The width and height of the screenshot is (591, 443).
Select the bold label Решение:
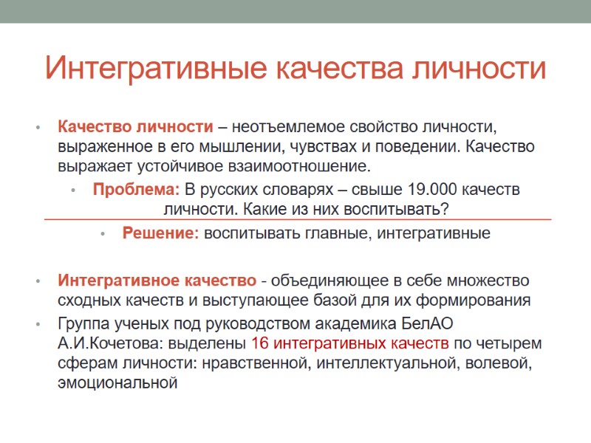160,233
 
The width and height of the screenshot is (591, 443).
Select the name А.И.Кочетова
111,343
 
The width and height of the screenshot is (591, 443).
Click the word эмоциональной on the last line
118,382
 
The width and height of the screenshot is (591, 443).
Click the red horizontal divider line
295,219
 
